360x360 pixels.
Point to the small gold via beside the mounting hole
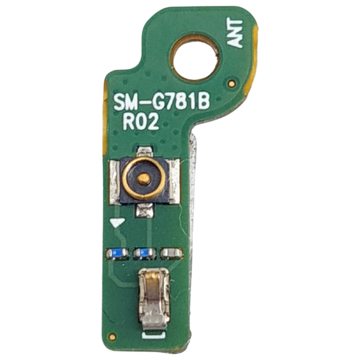pos(232,83)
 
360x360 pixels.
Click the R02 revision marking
pos(141,122)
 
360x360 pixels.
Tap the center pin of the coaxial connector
pos(145,179)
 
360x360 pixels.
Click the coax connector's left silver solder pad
pos(114,181)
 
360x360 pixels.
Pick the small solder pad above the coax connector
pos(145,151)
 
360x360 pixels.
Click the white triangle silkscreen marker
pos(117,223)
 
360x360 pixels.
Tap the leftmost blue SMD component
pos(117,254)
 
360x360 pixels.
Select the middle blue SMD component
pos(145,253)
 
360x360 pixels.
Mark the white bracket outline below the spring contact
pos(154,335)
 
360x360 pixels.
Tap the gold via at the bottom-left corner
pos(112,336)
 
